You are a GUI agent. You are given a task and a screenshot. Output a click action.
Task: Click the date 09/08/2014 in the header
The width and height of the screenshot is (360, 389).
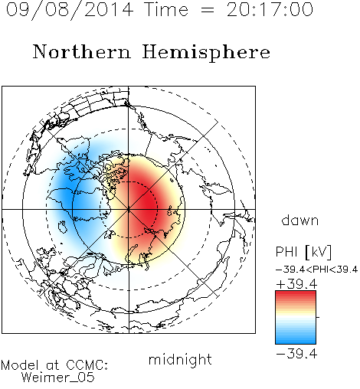[70, 10]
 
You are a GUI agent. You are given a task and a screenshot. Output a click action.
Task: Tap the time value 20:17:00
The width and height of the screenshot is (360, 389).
[270, 10]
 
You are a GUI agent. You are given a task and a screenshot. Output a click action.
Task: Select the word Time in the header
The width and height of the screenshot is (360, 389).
[166, 10]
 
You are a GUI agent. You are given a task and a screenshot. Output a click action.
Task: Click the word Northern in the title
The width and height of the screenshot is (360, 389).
[82, 51]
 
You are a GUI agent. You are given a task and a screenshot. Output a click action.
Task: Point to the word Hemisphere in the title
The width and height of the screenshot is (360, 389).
[206, 53]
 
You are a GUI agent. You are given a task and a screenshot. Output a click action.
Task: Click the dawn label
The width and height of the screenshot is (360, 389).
[300, 220]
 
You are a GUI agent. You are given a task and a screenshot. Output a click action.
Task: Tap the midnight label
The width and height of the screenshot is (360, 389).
[180, 359]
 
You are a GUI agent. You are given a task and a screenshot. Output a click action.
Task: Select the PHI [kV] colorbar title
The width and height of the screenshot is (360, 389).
[303, 252]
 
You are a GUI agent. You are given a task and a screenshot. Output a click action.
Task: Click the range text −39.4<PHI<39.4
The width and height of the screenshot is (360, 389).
[316, 270]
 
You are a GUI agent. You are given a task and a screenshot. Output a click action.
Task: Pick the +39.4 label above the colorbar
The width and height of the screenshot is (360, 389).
[296, 284]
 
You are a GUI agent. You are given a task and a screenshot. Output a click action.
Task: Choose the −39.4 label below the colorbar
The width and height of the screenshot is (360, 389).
[296, 354]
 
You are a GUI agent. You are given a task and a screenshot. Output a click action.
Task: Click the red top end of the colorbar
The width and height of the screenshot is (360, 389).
[296, 293]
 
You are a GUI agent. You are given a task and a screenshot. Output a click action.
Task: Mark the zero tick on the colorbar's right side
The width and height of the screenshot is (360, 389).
[318, 317]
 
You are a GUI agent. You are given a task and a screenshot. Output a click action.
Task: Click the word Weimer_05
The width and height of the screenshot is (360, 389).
[58, 378]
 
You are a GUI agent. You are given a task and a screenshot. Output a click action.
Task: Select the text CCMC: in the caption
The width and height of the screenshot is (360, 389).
[87, 365]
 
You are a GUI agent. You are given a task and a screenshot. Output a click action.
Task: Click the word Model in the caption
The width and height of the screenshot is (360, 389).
[20, 365]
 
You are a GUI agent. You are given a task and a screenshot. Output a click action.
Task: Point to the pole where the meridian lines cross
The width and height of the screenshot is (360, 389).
[129, 209]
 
